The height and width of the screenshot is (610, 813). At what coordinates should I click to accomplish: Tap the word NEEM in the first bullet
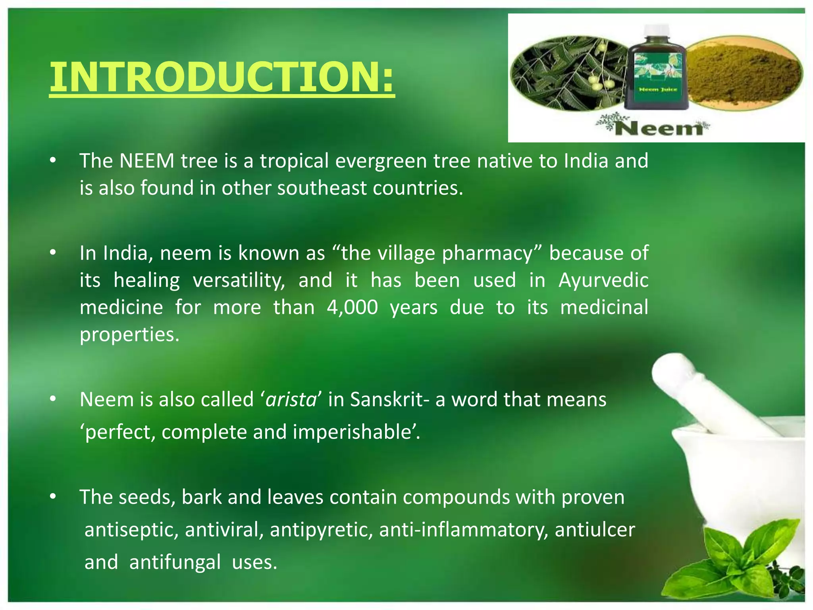[x=147, y=161]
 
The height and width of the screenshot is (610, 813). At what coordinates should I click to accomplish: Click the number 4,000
[x=353, y=308]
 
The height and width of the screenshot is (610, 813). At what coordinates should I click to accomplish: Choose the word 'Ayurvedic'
[x=603, y=280]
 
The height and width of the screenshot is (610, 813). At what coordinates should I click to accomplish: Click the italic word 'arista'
[x=291, y=400]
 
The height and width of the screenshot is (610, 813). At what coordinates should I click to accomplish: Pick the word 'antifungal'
[x=175, y=562]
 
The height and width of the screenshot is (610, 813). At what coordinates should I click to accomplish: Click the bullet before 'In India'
[x=53, y=253]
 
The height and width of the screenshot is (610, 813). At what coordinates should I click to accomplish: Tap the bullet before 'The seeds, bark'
[x=53, y=497]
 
